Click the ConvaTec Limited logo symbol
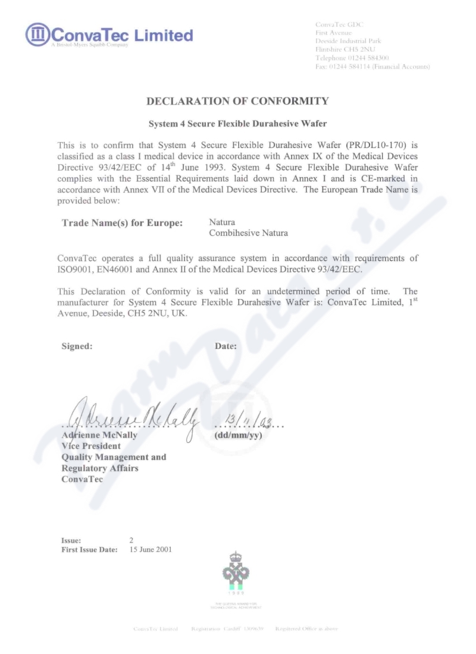(37, 34)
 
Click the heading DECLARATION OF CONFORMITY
(237, 101)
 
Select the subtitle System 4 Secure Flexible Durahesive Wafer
(237, 124)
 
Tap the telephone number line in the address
(352, 58)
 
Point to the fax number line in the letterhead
(372, 67)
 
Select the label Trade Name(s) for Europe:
(122, 223)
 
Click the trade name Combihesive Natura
(248, 233)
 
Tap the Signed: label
(77, 347)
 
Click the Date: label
(226, 347)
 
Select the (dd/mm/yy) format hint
(238, 435)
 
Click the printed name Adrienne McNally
(99, 435)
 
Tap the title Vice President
(91, 446)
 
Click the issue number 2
(131, 540)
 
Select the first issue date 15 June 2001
(151, 549)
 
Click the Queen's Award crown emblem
(236, 571)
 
